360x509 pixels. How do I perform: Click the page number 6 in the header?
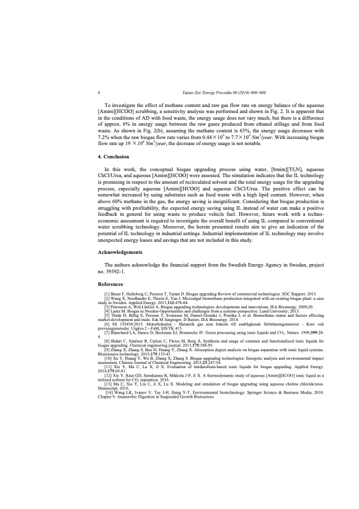tap(99, 93)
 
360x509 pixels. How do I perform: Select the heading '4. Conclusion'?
tap(116, 157)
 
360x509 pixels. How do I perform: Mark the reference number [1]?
tap(108, 293)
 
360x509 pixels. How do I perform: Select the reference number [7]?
tap(108, 332)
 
